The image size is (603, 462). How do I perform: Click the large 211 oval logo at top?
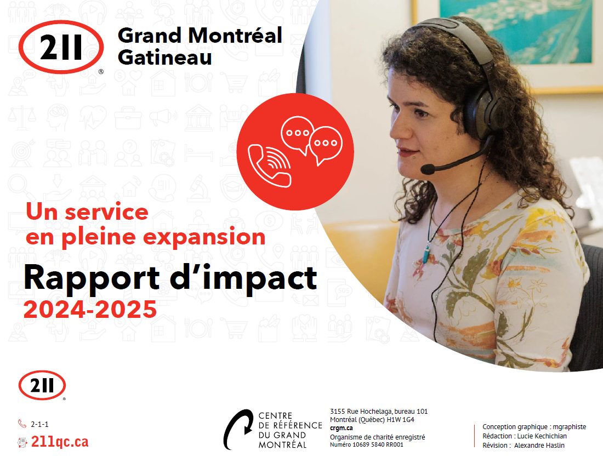click(x=61, y=47)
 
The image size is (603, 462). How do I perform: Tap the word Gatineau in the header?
click(x=164, y=58)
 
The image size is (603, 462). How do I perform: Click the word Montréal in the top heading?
click(x=235, y=36)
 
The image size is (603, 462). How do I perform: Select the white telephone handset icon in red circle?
click(x=269, y=166)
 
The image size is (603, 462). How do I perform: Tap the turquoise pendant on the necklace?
click(x=426, y=255)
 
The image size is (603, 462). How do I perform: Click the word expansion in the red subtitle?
click(x=203, y=237)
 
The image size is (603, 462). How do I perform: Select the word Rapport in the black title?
click(x=92, y=277)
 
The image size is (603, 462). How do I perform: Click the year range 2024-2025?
click(x=90, y=310)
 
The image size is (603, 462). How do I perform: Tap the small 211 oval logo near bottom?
click(x=42, y=385)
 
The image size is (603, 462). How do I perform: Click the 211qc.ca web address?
click(x=60, y=442)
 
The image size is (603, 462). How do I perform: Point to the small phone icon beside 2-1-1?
click(x=22, y=424)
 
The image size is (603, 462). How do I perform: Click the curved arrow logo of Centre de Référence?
click(x=238, y=429)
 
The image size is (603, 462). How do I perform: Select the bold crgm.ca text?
click(x=341, y=428)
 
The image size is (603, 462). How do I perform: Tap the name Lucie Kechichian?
click(x=542, y=436)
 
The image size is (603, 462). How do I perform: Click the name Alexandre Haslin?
click(x=539, y=445)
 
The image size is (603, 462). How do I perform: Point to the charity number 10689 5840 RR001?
click(x=378, y=444)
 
